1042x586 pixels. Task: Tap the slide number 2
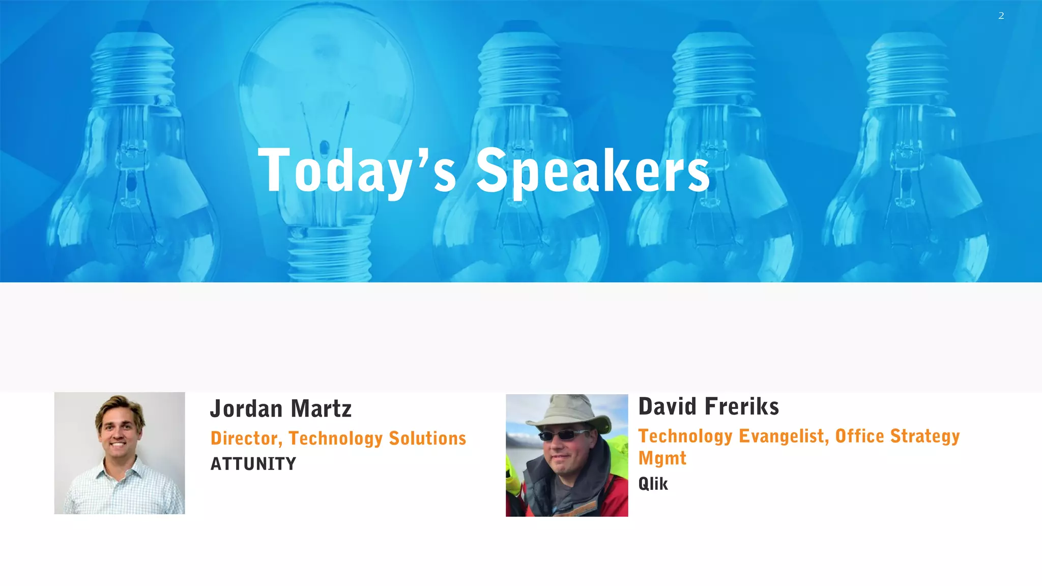(x=1001, y=16)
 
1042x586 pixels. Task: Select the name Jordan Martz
(x=281, y=408)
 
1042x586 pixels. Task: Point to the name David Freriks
(x=708, y=406)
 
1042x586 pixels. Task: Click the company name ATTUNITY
(x=253, y=464)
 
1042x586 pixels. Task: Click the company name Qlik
(x=653, y=484)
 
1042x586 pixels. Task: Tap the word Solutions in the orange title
(x=427, y=438)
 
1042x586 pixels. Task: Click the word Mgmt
(x=662, y=458)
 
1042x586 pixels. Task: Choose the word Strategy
(x=925, y=436)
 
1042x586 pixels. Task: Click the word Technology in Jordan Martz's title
(x=335, y=438)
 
